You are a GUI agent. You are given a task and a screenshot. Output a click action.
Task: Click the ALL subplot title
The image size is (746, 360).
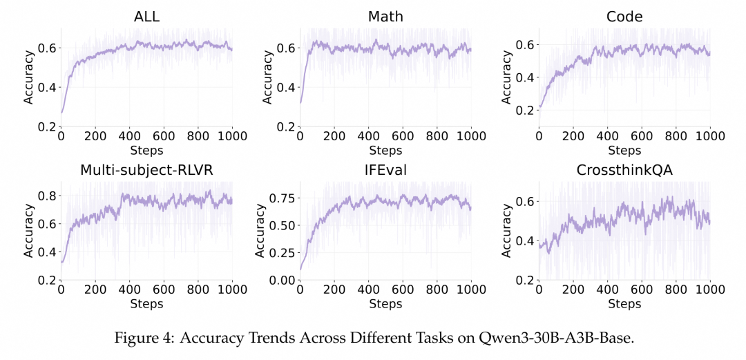[146, 16]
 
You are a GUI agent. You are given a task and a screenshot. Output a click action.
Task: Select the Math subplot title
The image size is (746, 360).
[385, 16]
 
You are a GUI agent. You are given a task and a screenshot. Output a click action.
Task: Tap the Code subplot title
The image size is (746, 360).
[624, 16]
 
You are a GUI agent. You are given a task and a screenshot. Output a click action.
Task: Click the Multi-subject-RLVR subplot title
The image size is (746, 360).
[146, 170]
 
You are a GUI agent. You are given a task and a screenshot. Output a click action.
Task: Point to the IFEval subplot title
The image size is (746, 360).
[385, 170]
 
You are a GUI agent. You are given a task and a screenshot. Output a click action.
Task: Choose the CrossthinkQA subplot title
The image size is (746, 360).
[624, 170]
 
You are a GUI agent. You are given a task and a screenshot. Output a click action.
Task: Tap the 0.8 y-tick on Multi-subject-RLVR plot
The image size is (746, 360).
[47, 196]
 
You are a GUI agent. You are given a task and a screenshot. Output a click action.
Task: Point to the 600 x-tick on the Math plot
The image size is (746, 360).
[402, 136]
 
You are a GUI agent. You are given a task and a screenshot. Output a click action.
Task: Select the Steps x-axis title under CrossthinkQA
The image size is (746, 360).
[624, 303]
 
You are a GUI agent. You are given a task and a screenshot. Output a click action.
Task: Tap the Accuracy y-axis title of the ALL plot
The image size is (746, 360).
[29, 77]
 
